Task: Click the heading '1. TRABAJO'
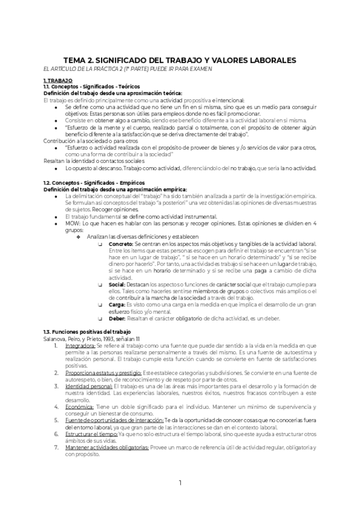[x=58, y=80]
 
